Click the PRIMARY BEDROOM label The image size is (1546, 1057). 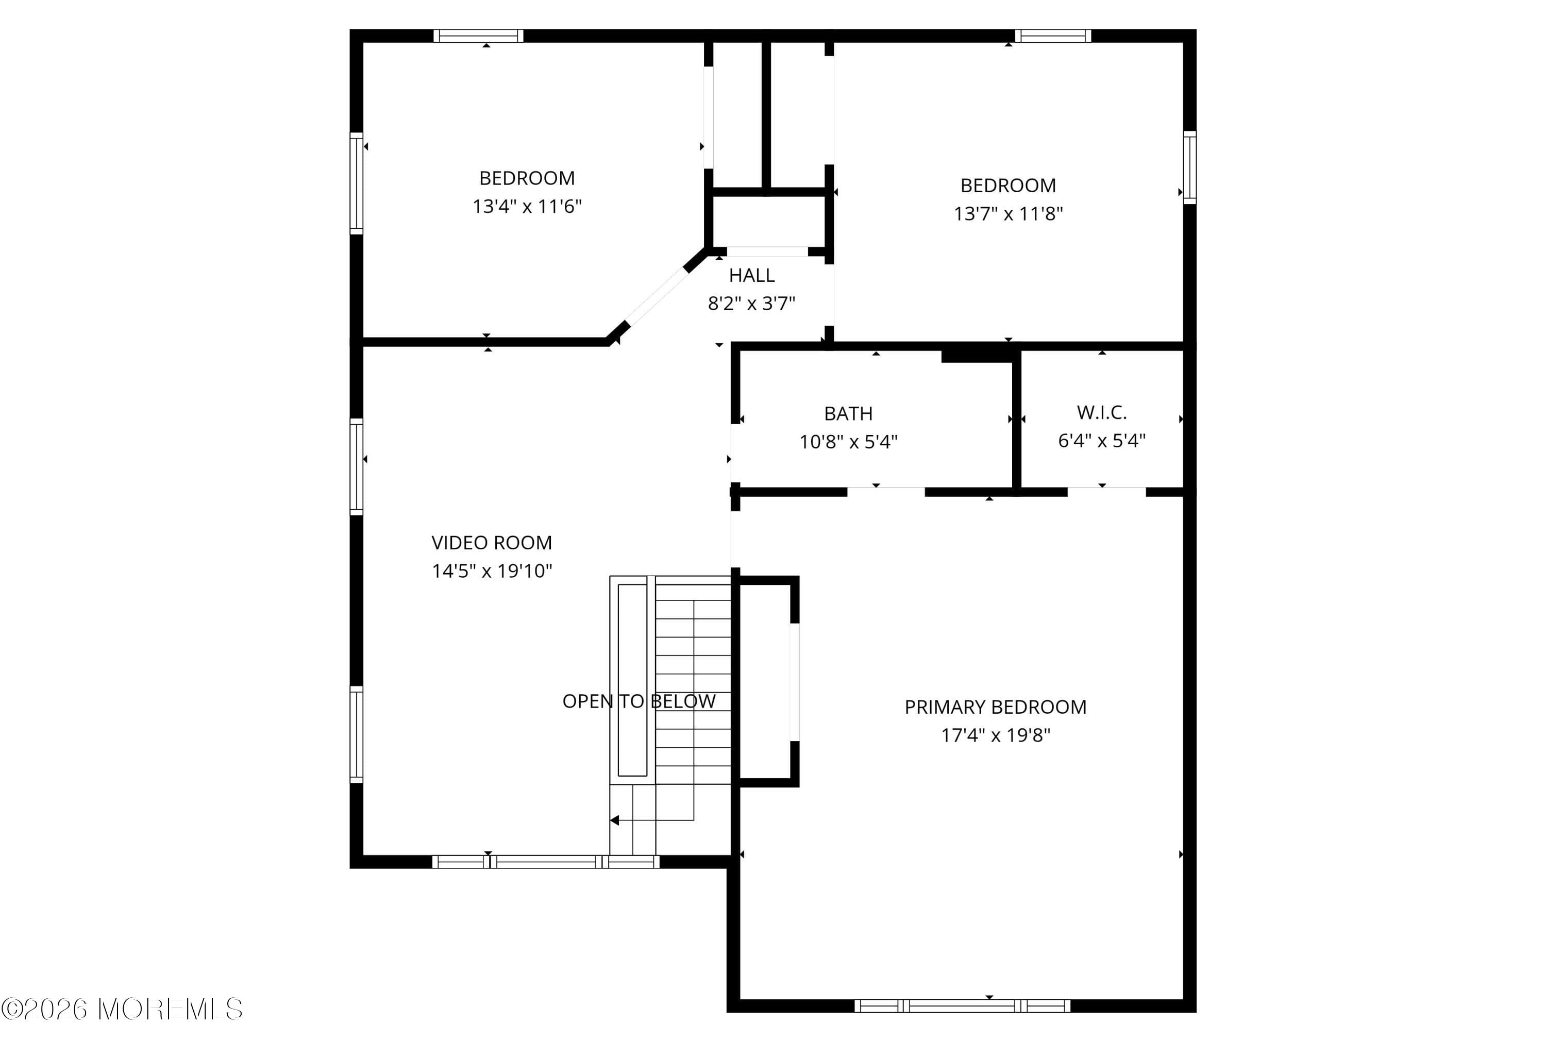(995, 707)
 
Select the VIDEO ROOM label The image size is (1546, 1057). (492, 543)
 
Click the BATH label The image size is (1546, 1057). (848, 414)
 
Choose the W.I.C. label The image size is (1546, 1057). (1102, 412)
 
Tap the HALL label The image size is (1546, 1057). (752, 275)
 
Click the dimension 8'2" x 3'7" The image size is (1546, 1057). (752, 304)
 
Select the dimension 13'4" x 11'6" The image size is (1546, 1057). (527, 207)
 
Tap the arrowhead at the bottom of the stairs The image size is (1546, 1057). (615, 820)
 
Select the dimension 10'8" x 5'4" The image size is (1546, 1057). (848, 442)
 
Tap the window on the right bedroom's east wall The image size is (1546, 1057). (1189, 167)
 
